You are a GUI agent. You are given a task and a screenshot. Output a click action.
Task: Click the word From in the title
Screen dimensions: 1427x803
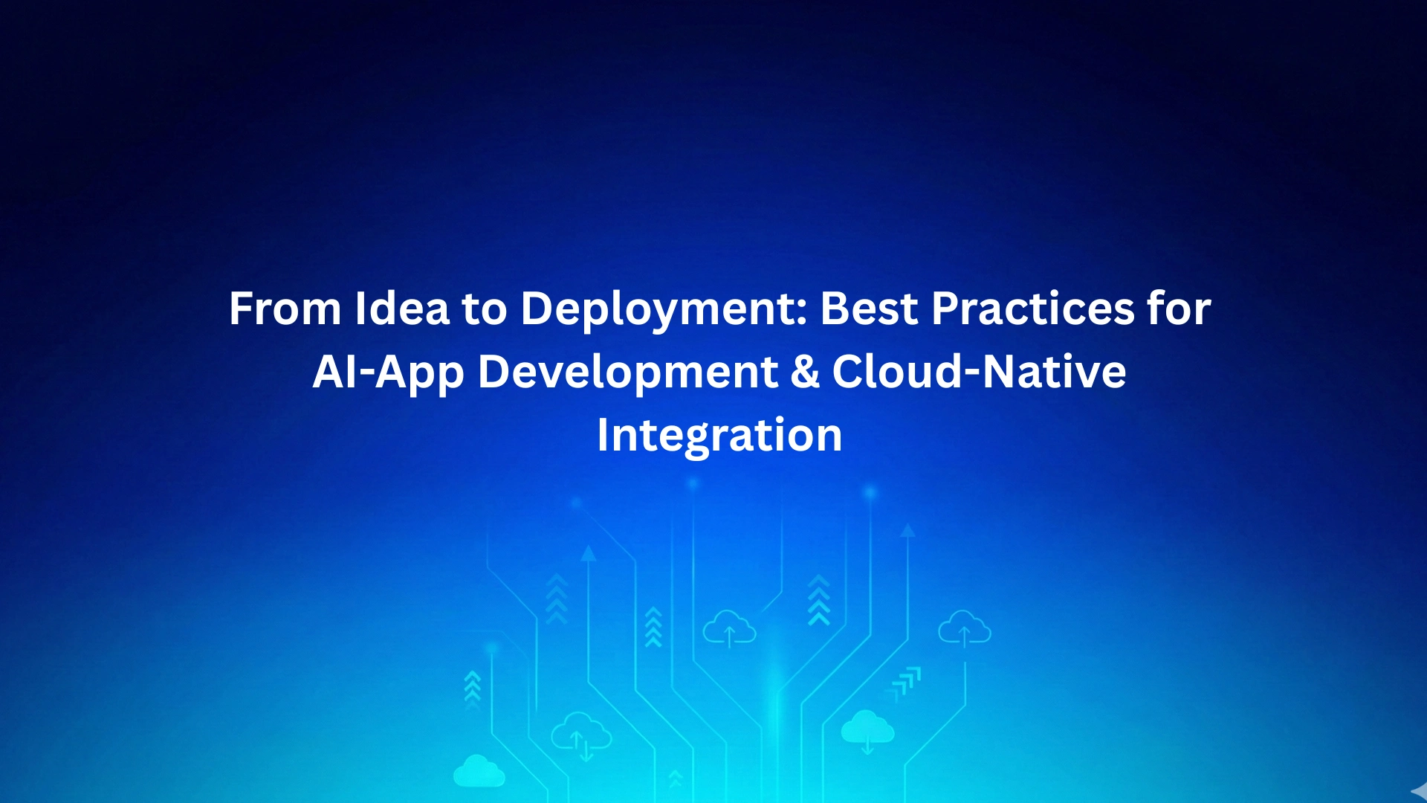(285, 308)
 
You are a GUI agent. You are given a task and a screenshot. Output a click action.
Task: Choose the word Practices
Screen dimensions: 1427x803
(1033, 308)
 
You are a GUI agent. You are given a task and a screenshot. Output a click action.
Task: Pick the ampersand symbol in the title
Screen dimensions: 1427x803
(805, 372)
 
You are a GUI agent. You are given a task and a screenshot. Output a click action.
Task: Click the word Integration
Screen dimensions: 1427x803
(719, 436)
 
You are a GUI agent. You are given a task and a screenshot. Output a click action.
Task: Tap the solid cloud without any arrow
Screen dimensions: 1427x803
(479, 771)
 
